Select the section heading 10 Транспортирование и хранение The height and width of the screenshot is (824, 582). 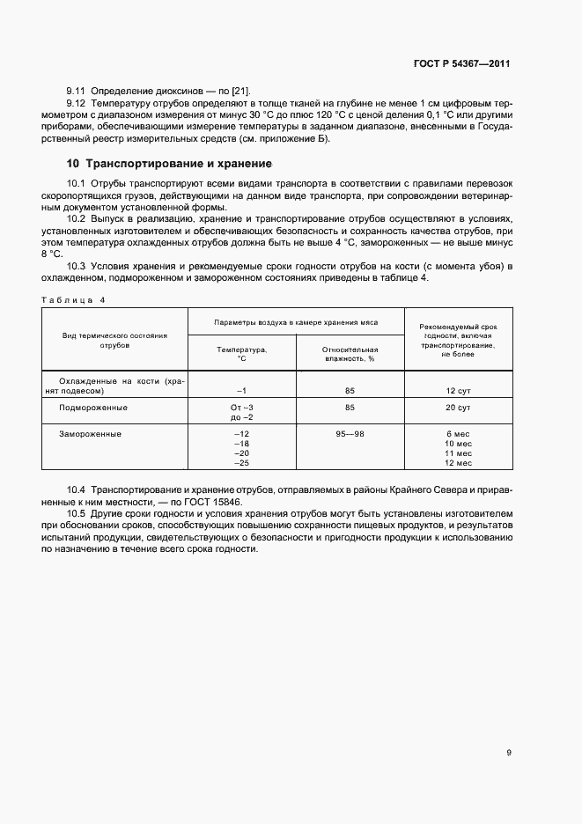click(x=169, y=164)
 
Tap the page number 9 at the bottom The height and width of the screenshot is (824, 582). click(x=509, y=753)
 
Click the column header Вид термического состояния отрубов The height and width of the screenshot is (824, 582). click(x=114, y=341)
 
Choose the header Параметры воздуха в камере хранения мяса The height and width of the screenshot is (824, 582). click(x=296, y=323)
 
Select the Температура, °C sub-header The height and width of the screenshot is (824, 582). click(x=241, y=354)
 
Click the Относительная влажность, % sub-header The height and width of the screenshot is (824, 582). click(x=350, y=354)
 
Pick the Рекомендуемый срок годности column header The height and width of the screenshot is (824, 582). click(x=459, y=341)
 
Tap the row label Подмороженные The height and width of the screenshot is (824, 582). click(x=93, y=408)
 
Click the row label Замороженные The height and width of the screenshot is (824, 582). click(x=90, y=434)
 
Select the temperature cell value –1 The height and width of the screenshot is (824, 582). click(x=241, y=389)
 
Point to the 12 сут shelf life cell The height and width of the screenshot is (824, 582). click(x=459, y=389)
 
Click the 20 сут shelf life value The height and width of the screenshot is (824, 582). click(x=459, y=408)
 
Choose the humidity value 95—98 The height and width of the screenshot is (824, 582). click(x=350, y=434)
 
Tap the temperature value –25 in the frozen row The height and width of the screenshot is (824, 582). click(x=241, y=463)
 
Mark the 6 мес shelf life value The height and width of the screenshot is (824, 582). click(x=459, y=434)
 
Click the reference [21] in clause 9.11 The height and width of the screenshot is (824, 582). click(x=240, y=92)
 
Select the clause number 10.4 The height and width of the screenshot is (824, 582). click(x=76, y=488)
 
